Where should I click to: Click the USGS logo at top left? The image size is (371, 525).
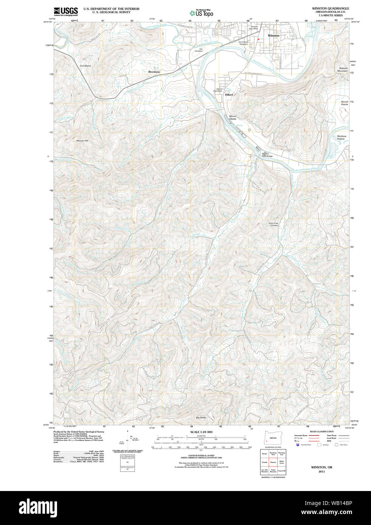pos(66,11)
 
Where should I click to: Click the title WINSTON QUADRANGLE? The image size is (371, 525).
pos(330,8)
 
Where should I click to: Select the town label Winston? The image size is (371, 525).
pos(274,36)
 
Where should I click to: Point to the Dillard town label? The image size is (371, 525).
pos(229,95)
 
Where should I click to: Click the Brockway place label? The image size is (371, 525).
pos(154,72)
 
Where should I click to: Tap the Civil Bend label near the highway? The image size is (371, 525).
pos(85,66)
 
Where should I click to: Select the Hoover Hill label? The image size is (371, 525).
pos(82,141)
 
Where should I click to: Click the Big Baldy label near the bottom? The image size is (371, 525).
pos(201,417)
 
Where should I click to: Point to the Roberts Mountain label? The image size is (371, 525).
pos(343,69)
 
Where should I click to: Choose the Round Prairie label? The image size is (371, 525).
pos(345,103)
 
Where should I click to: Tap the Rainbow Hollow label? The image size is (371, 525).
pos(342,137)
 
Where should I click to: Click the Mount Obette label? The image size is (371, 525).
pos(232,117)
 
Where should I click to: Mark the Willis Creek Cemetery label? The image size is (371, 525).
pos(274,224)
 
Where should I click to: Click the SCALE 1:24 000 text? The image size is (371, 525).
pos(201,432)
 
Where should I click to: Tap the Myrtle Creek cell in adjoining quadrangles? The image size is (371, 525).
pos(281,462)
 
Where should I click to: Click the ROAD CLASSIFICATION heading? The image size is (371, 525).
pos(322,431)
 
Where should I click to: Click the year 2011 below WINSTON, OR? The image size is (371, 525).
pos(322,471)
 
